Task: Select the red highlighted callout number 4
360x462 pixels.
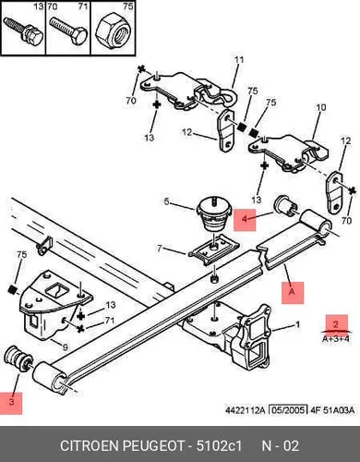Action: click(245, 219)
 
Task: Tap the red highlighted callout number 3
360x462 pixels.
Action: click(11, 402)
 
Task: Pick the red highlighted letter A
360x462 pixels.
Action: click(292, 292)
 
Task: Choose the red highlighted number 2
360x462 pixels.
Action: click(336, 324)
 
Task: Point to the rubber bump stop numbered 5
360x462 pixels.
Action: click(214, 213)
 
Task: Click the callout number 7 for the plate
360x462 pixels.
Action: click(160, 248)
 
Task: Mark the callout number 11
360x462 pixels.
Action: click(239, 60)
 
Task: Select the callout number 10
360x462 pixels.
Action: click(320, 107)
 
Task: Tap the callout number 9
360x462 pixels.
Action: click(65, 347)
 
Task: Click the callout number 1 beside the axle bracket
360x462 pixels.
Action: click(297, 324)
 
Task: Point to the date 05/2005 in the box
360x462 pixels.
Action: click(288, 410)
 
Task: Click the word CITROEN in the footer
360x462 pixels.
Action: click(90, 446)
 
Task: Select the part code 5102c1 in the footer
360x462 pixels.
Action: click(220, 446)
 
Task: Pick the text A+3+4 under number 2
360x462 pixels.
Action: click(336, 339)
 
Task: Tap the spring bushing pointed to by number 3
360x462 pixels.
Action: click(18, 359)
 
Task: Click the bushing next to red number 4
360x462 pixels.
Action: click(285, 206)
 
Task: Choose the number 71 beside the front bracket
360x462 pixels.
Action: click(110, 321)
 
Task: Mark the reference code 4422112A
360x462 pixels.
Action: click(246, 410)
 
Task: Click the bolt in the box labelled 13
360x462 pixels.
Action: click(23, 31)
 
